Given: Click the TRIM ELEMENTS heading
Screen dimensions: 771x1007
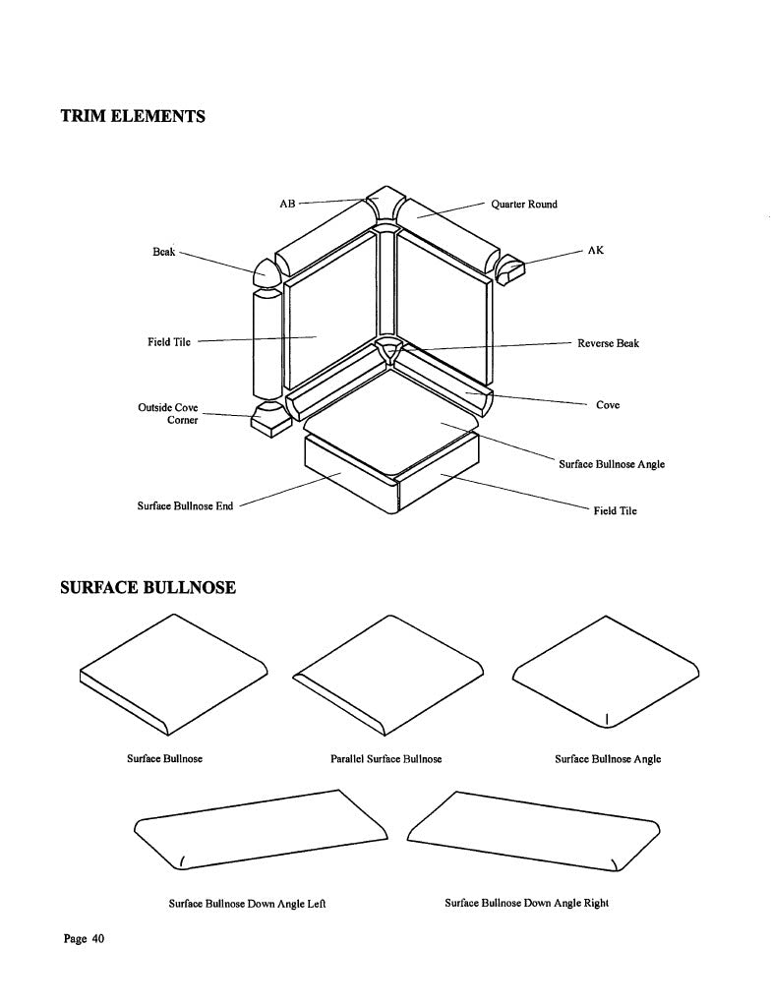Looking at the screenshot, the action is [x=133, y=116].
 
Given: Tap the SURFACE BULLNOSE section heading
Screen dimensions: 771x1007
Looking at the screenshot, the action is [x=148, y=588].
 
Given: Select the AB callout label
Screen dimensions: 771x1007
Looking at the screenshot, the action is [x=287, y=204].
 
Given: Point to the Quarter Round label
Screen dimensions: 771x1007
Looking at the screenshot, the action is [x=524, y=205].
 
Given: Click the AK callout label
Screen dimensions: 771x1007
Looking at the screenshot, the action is [x=596, y=250].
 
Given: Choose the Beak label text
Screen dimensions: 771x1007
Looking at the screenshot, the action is [x=164, y=251].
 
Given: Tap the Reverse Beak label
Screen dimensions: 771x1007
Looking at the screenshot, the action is [x=608, y=343].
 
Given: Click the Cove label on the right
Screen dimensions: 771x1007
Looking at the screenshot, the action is [x=608, y=404].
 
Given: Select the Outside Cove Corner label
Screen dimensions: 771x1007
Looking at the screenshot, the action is [x=168, y=414].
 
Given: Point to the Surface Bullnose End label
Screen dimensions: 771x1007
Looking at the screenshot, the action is [x=185, y=506].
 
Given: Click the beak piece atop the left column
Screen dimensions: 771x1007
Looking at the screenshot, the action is [x=267, y=273].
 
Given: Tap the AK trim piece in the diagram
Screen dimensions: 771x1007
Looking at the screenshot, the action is [x=510, y=269].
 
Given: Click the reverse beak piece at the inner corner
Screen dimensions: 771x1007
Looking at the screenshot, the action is [x=389, y=350].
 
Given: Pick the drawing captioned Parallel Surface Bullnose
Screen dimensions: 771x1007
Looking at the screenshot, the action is [x=387, y=675].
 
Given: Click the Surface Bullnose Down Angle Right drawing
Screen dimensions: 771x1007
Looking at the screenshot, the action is [x=534, y=830].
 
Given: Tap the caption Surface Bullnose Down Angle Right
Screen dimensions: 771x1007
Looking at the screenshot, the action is [x=527, y=903].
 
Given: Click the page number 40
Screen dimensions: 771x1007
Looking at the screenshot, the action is [x=97, y=939].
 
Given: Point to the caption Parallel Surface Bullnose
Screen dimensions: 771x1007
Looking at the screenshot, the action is [x=386, y=759].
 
